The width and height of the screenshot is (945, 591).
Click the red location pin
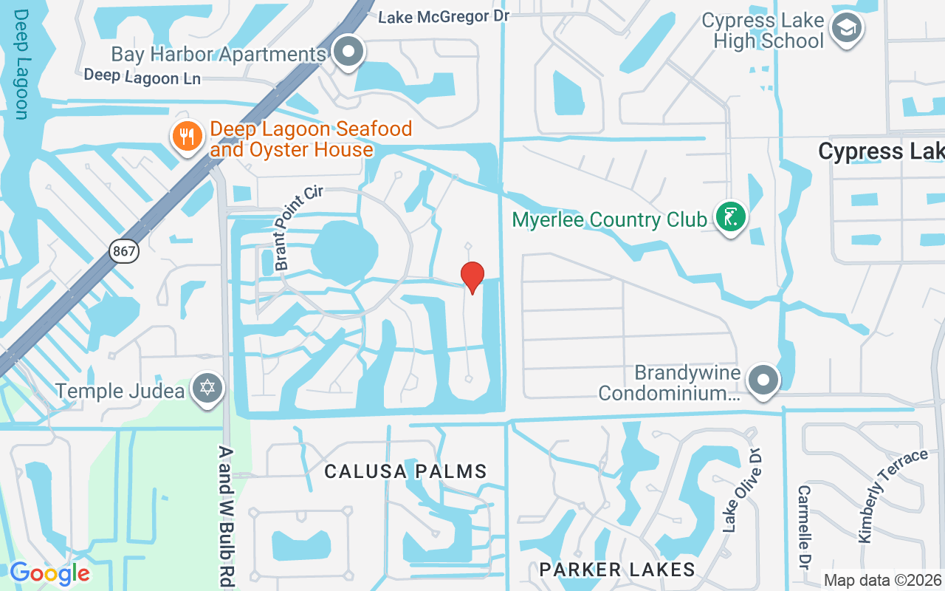pos(472,276)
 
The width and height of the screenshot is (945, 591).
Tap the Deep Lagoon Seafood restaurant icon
pos(188,137)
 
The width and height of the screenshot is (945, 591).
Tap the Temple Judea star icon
pos(207,388)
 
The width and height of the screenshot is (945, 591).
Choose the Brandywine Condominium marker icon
pos(763,381)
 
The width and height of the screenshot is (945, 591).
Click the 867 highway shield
pos(124,251)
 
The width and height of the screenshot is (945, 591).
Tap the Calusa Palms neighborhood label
pos(405,471)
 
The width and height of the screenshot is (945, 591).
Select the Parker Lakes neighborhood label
pos(617,569)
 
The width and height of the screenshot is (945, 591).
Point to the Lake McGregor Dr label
pos(444,16)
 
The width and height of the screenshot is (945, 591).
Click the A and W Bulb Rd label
pos(227,516)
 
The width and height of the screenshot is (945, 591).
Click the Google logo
pos(49,573)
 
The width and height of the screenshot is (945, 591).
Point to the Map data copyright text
pos(883,581)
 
